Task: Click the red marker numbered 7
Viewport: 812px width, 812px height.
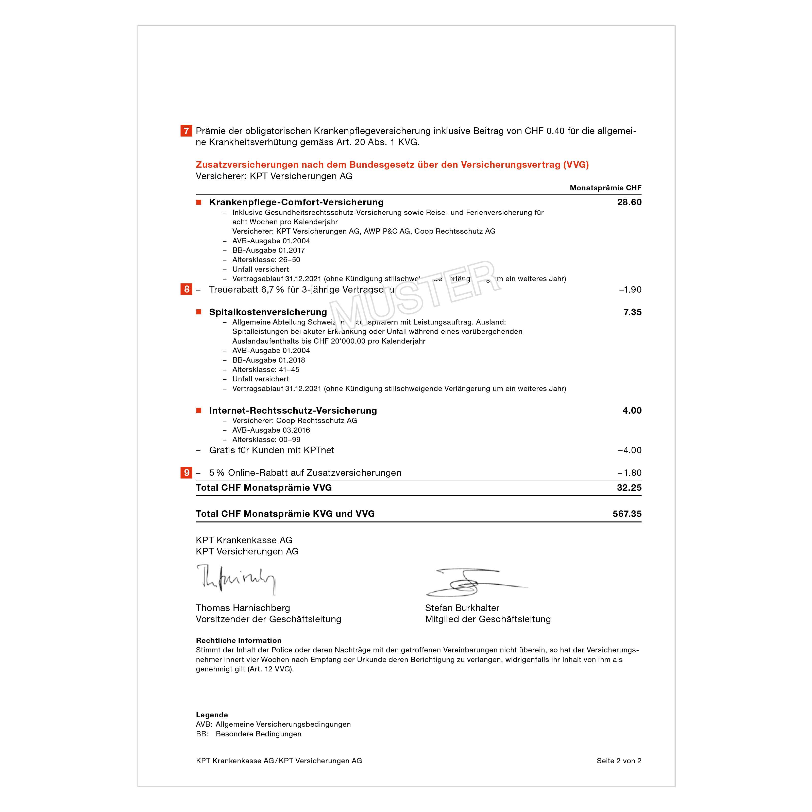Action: pyautogui.click(x=186, y=131)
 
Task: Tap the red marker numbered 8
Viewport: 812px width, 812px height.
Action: pyautogui.click(x=186, y=289)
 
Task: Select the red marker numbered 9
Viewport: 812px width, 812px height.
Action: pyautogui.click(x=186, y=472)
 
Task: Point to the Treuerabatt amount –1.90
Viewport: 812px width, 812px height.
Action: pyautogui.click(x=630, y=290)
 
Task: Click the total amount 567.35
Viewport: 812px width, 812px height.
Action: pyautogui.click(x=627, y=514)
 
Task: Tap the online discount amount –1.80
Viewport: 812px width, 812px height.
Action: pyautogui.click(x=629, y=473)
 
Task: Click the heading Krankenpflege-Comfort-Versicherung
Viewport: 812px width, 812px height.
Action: pyautogui.click(x=296, y=202)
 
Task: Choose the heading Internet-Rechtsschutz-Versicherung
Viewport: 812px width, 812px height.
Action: pyautogui.click(x=293, y=411)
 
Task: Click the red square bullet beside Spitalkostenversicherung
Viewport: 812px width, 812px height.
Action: pyautogui.click(x=199, y=312)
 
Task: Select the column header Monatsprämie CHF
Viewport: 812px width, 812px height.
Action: pyautogui.click(x=605, y=188)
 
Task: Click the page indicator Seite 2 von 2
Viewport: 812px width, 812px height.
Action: pyautogui.click(x=619, y=761)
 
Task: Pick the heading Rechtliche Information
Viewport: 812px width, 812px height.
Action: pyautogui.click(x=238, y=640)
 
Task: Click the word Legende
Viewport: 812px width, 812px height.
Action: pyautogui.click(x=212, y=715)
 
